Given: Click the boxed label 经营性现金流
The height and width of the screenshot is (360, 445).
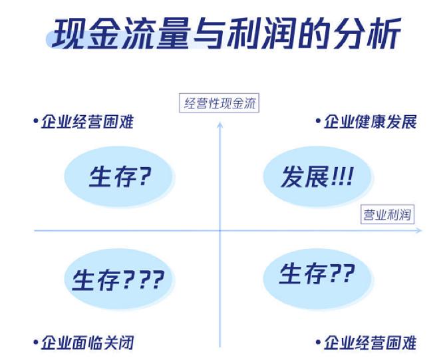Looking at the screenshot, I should coord(220,103).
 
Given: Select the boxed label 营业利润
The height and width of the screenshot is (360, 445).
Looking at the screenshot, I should coord(387,215).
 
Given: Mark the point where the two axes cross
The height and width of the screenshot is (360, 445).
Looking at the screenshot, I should coord(220,231).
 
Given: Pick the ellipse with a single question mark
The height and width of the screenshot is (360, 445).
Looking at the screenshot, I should coord(119,177).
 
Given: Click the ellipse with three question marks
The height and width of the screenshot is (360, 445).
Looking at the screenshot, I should coord(119,278).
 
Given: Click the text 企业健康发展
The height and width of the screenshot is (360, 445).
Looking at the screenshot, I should coord(370,122).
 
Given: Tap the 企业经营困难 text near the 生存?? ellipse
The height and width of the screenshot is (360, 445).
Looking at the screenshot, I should coord(370,343).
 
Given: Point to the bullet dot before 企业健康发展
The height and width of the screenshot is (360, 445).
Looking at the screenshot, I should coord(317,121).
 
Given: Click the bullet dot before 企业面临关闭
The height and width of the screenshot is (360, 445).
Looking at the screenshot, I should coord(35,342).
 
